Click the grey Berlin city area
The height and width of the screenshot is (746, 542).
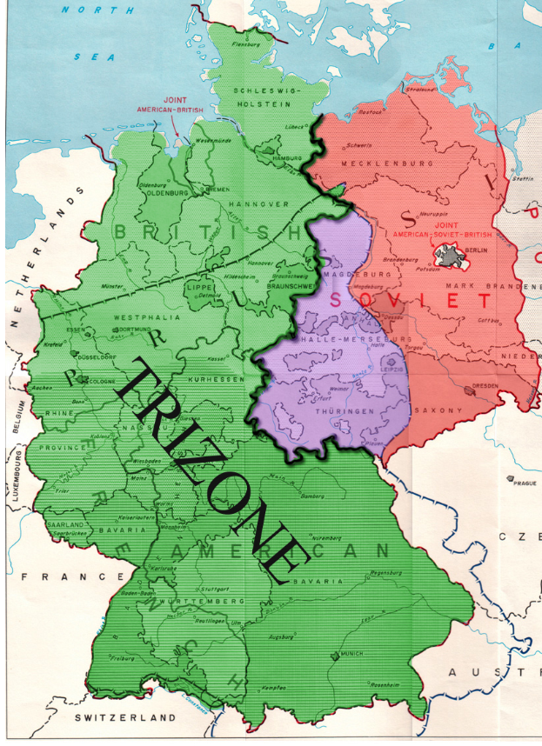point(449,256)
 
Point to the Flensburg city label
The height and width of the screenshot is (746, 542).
point(247,43)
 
